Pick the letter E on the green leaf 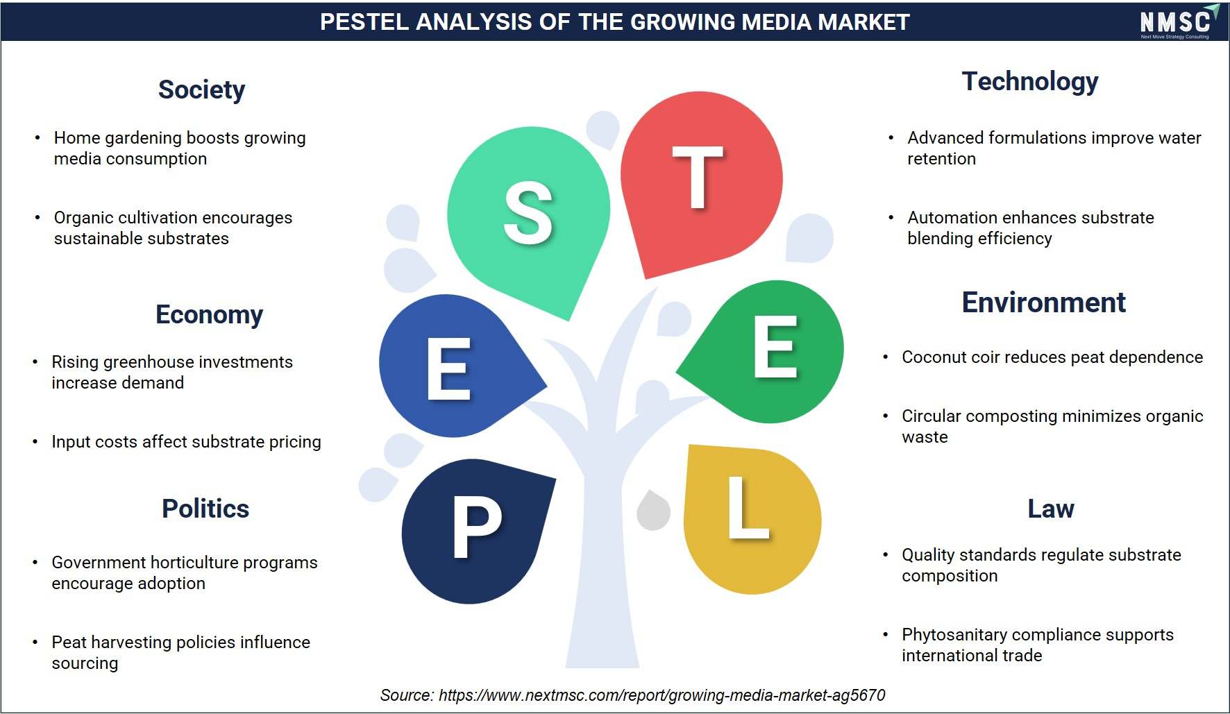(775, 346)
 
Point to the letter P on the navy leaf (477, 527)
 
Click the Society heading (201, 90)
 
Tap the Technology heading (1030, 82)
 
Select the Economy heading (209, 315)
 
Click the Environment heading (1043, 303)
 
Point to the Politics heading (205, 509)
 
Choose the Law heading (1051, 509)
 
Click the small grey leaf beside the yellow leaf (653, 511)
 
